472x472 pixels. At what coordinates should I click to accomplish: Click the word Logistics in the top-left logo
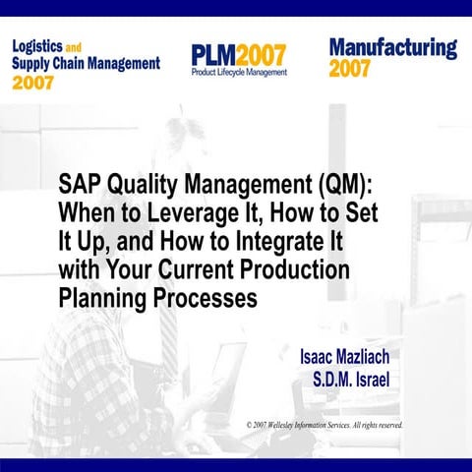(41, 45)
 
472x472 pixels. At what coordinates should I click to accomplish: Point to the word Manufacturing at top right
(393, 47)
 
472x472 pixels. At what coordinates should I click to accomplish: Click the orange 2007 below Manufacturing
(350, 69)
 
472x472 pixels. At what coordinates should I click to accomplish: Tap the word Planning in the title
(103, 295)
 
